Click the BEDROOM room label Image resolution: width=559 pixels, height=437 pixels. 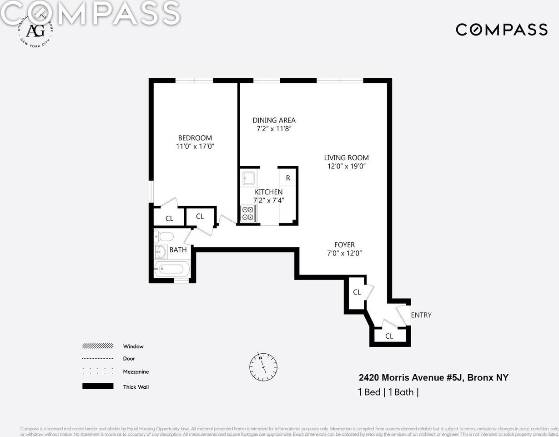point(195,138)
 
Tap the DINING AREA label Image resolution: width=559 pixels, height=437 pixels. point(274,120)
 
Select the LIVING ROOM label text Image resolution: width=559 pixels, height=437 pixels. point(346,158)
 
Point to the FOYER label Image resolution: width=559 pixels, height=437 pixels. point(344,245)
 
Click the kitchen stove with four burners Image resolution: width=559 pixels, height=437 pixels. point(248,213)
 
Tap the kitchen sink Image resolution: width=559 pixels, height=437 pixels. point(249,178)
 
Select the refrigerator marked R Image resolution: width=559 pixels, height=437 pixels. point(288,178)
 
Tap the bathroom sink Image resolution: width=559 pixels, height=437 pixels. point(160,252)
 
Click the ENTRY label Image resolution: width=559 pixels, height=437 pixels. point(421,315)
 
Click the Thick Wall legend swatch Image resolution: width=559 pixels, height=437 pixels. point(98,386)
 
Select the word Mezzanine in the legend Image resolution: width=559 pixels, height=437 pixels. point(136,371)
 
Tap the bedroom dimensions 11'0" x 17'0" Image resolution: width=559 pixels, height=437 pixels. point(195,147)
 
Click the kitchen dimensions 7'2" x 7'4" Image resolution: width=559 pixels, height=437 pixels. point(268,200)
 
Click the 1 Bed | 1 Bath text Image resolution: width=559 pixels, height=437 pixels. point(388,392)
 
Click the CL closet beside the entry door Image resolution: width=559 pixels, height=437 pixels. point(389,336)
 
